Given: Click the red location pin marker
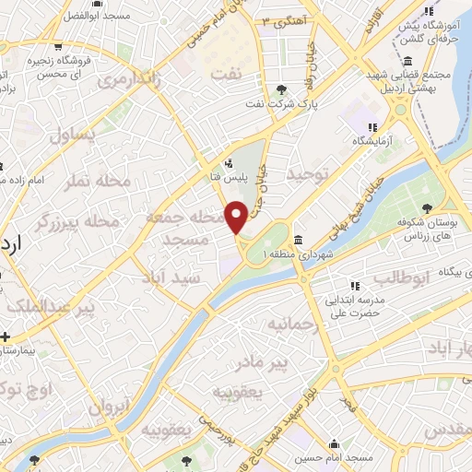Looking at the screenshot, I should pyautogui.click(x=236, y=217).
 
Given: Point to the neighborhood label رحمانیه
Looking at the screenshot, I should pyautogui.click(x=292, y=324).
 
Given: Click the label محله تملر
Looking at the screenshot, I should pyautogui.click(x=87, y=182).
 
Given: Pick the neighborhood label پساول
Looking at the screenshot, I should pyautogui.click(x=74, y=136).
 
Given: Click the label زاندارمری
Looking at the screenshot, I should pyautogui.click(x=141, y=81).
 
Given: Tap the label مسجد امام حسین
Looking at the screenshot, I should pyautogui.click(x=336, y=457).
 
